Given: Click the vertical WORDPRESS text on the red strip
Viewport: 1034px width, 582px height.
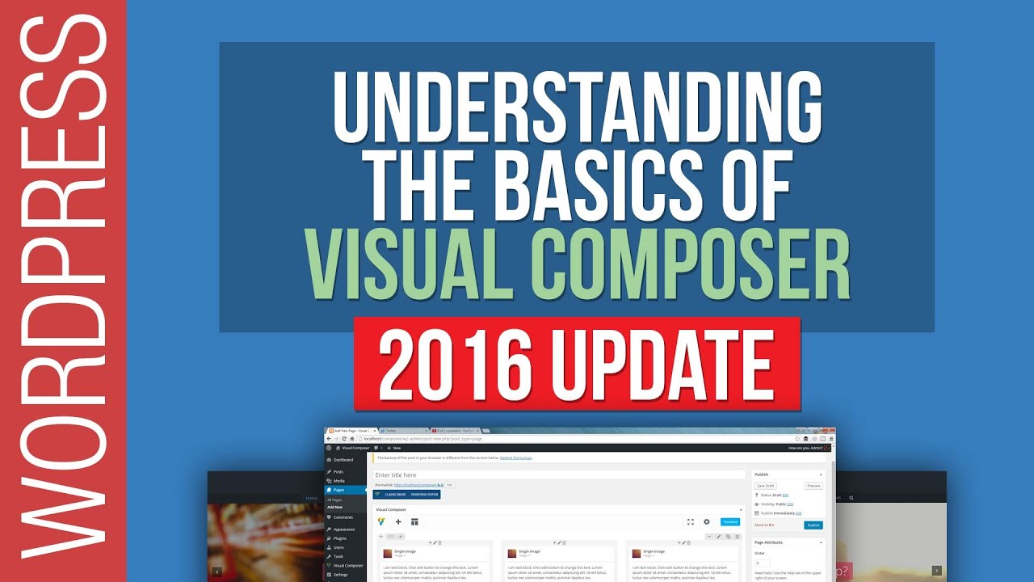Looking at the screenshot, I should [63, 291].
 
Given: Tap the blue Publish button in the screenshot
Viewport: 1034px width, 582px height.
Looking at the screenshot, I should [813, 525].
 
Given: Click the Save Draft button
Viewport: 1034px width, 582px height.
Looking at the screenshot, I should [765, 486].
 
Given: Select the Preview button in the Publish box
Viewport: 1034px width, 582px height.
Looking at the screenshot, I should [813, 486].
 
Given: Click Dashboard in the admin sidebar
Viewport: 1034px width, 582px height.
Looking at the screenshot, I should [343, 460].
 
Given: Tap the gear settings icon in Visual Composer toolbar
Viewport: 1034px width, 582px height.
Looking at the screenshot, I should [707, 522].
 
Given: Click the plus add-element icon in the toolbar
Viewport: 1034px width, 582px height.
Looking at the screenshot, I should [398, 522].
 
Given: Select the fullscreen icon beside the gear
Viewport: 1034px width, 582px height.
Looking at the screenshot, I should [691, 522].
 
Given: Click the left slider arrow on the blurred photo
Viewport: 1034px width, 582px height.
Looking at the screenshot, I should [216, 571].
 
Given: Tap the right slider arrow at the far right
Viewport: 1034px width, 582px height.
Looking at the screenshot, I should [936, 571].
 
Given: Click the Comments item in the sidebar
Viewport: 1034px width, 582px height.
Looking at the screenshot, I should [343, 517].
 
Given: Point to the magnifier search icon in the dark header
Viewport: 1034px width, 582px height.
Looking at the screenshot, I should [851, 498].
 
